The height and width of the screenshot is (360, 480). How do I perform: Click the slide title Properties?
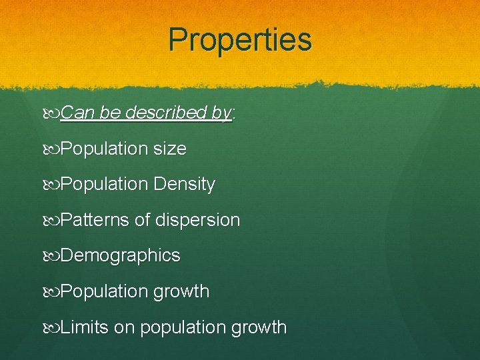coord(240,39)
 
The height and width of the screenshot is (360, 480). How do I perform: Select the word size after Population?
coord(169,149)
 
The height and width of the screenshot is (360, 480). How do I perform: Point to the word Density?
coord(184,185)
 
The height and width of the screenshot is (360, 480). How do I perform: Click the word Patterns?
coord(95,220)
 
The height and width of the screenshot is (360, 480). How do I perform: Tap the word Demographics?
coord(120,256)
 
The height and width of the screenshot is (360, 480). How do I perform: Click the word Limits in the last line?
coord(84,327)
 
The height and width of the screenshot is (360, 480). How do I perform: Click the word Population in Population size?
coord(104,149)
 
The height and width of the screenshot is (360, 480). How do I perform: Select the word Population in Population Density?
coord(104,185)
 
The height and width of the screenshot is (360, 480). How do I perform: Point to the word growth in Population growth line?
coord(181,292)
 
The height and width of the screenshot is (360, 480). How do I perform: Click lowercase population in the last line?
coord(181,328)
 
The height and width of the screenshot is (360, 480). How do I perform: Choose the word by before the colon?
coord(222,113)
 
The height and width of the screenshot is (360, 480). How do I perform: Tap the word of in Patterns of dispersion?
coord(143,220)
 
